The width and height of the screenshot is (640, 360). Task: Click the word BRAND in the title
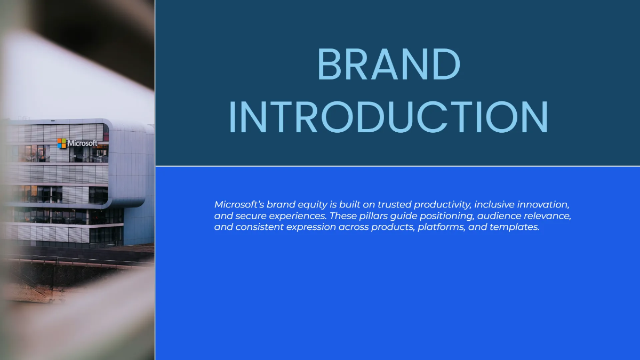388,65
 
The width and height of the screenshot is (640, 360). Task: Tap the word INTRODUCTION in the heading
388,117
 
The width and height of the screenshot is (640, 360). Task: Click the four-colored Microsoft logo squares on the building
62,143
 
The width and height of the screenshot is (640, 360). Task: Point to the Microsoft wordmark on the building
83,143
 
